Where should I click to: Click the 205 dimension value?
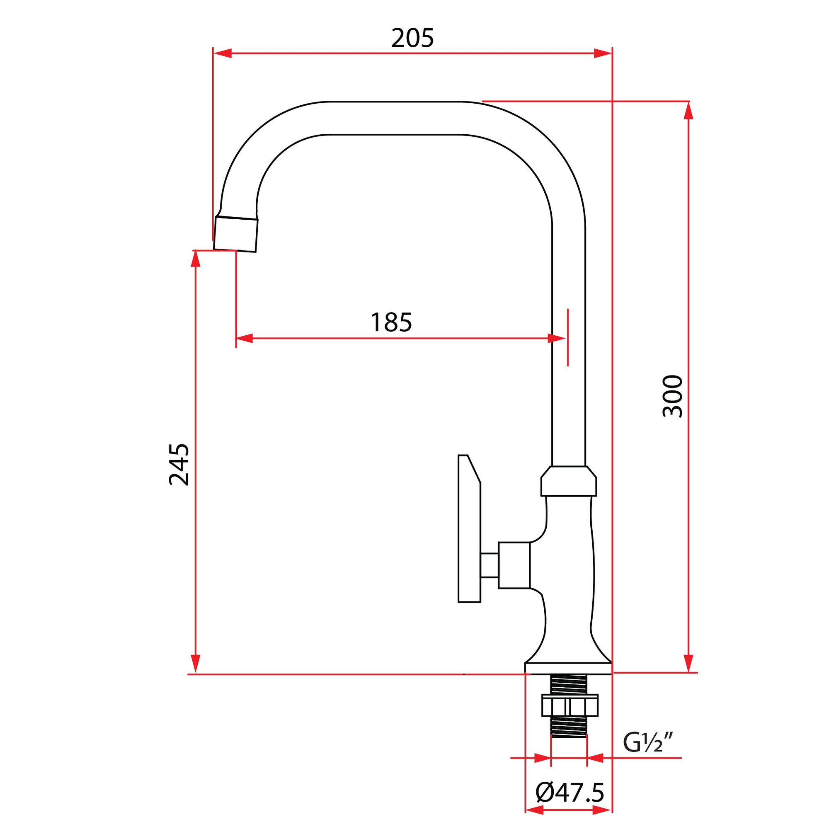point(412,39)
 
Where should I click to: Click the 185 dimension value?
point(391,322)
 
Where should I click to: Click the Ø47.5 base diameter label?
point(570,793)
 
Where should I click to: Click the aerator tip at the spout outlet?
point(235,234)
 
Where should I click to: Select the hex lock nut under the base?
point(569,706)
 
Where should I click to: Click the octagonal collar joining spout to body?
point(569,481)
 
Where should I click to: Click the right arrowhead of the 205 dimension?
point(603,53)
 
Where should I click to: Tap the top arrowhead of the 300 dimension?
point(688,110)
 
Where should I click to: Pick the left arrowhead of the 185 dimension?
point(245,338)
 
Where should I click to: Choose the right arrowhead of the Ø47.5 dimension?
point(602,810)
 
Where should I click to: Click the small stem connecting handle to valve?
point(490,565)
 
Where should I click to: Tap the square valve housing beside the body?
point(514,565)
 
